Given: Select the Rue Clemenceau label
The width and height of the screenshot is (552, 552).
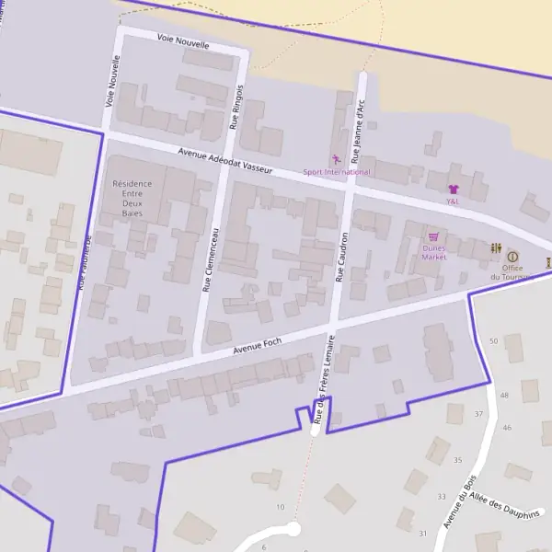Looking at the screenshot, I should tap(211, 259).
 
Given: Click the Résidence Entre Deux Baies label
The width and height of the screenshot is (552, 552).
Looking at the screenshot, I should tap(132, 198).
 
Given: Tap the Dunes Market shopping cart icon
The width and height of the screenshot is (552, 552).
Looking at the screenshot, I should tap(432, 236).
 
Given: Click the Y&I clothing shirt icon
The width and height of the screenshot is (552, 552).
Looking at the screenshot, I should tap(453, 189).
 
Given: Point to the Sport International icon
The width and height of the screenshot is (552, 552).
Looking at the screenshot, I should tap(336, 160).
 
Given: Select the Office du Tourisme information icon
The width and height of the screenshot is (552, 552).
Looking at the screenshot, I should tap(512, 257).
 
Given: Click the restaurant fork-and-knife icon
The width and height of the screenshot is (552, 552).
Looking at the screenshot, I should tap(496, 247).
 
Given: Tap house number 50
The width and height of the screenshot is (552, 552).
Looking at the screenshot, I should tap(493, 341).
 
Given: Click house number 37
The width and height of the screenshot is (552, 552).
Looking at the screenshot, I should tap(478, 414).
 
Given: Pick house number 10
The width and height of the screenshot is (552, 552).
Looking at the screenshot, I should tap(280, 507).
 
